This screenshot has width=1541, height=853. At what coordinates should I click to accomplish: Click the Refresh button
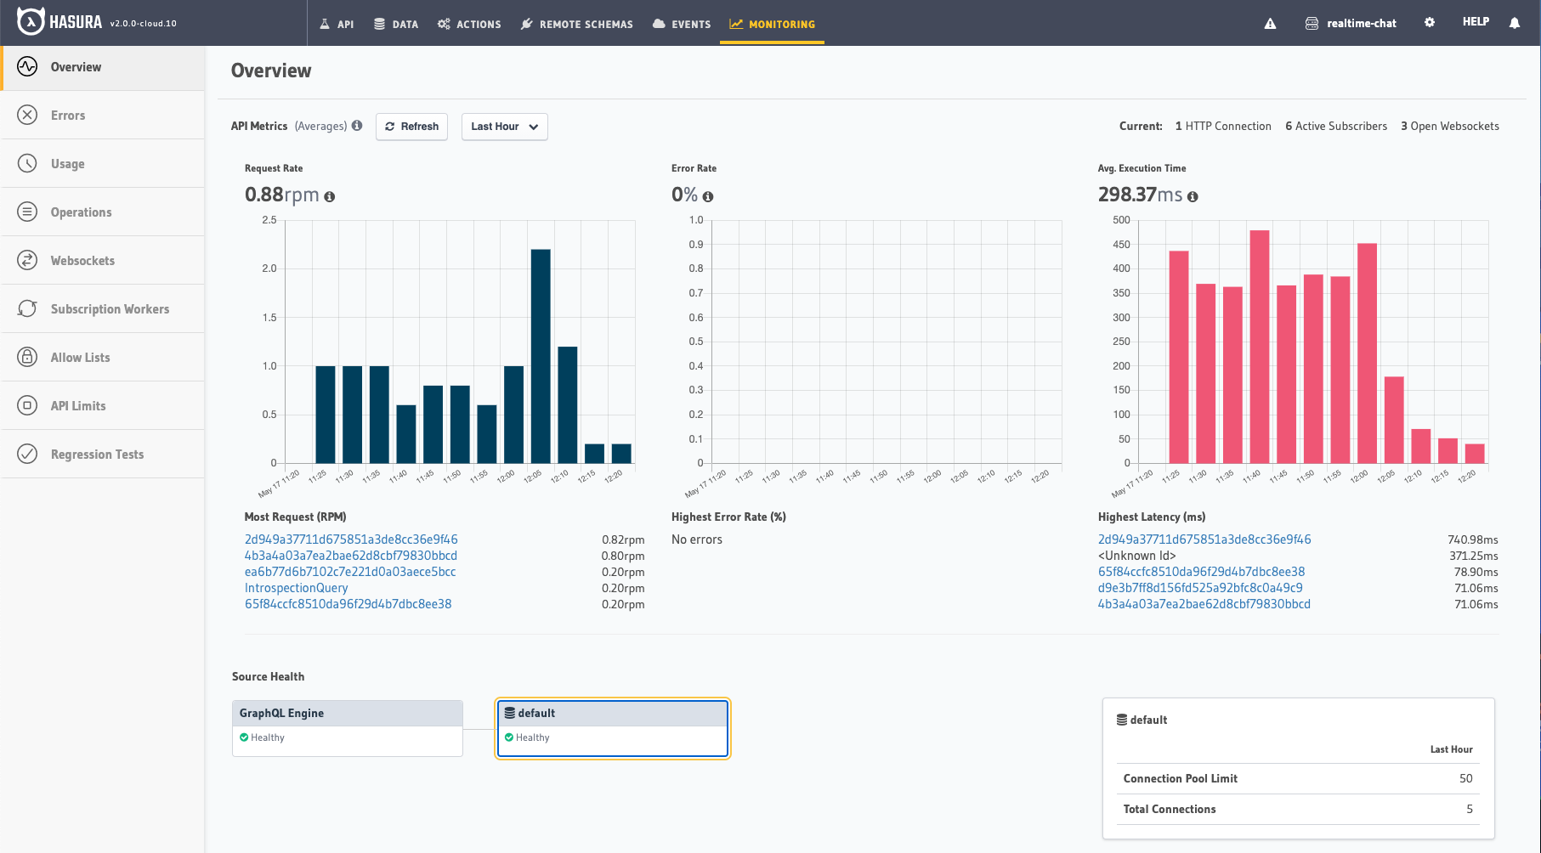pyautogui.click(x=411, y=127)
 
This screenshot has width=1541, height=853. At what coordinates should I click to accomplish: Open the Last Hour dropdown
pyautogui.click(x=504, y=127)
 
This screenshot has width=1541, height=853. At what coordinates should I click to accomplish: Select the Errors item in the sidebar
pyautogui.click(x=68, y=116)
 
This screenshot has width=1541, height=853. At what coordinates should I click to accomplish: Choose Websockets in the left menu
pyautogui.click(x=82, y=261)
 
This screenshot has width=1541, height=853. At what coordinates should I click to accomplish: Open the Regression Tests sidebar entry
pyautogui.click(x=97, y=455)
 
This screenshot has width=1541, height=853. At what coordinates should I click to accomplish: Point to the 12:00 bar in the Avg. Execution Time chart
pyautogui.click(x=1367, y=353)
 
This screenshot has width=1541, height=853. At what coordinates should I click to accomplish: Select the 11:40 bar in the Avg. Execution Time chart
pyautogui.click(x=1259, y=347)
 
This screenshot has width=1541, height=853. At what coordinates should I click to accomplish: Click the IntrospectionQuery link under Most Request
pyautogui.click(x=296, y=588)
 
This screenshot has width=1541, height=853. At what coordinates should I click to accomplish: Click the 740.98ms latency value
pyautogui.click(x=1472, y=539)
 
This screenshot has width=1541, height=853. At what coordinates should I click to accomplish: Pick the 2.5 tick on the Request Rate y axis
pyautogui.click(x=269, y=220)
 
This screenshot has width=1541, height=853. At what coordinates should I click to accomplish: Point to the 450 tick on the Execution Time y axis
pyautogui.click(x=1121, y=245)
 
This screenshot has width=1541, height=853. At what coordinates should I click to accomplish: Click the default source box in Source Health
pyautogui.click(x=612, y=728)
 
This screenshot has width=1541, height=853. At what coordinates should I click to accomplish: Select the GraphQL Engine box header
pyautogui.click(x=347, y=713)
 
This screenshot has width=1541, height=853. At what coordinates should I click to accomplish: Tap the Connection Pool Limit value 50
pyautogui.click(x=1465, y=778)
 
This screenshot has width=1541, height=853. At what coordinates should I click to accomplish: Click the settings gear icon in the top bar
pyautogui.click(x=1430, y=22)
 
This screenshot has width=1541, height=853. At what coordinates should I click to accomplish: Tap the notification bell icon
pyautogui.click(x=1514, y=23)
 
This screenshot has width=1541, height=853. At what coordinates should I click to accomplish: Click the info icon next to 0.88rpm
pyautogui.click(x=330, y=196)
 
